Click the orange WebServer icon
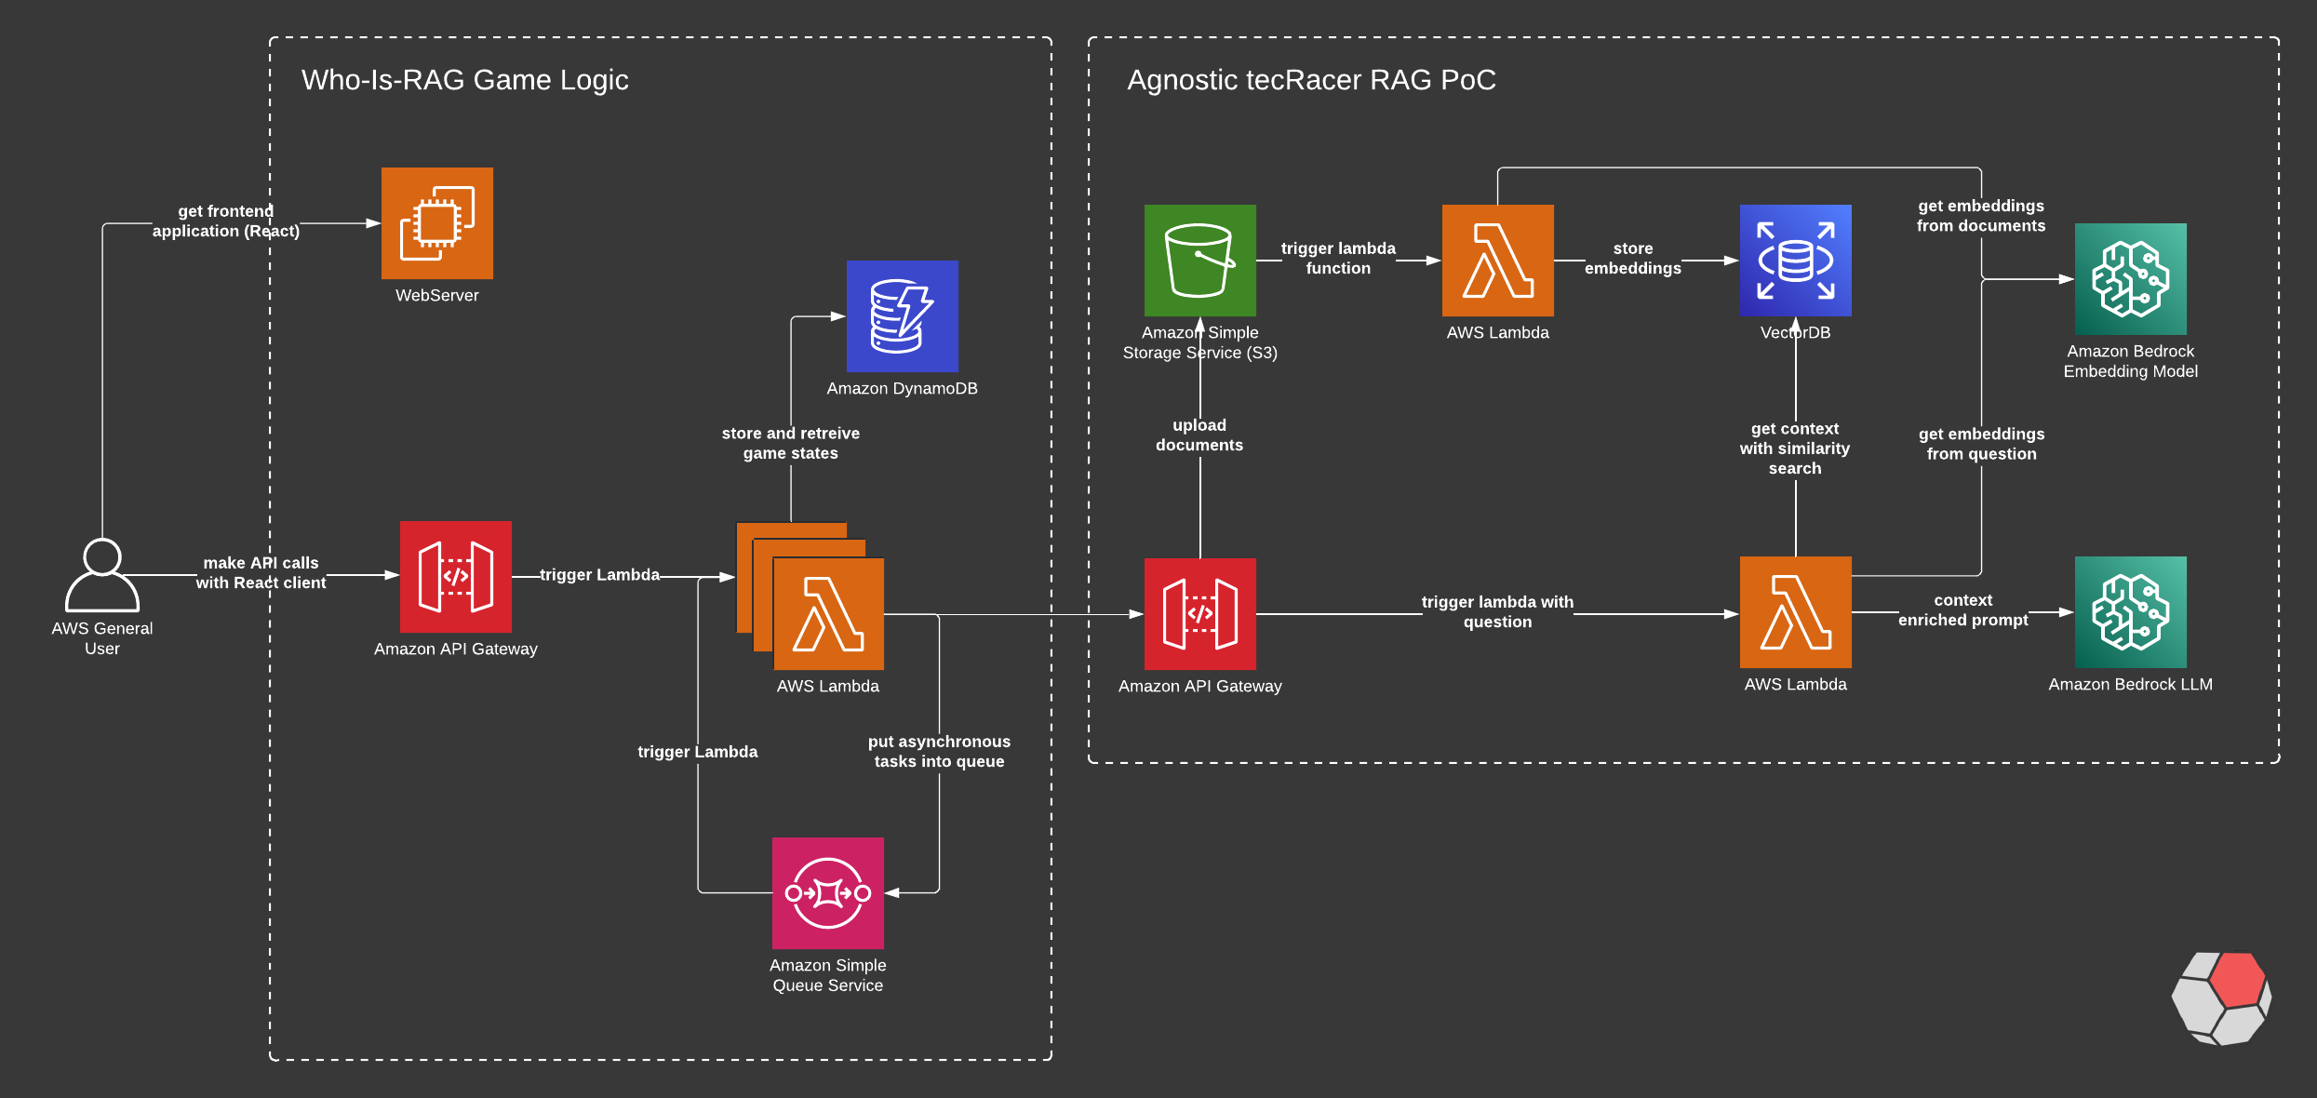pos(437,223)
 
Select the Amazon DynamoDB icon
pos(903,316)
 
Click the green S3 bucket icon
pos(1200,261)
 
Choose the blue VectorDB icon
pos(1796,261)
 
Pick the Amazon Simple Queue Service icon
pos(828,893)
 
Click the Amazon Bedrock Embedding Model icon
pos(2131,279)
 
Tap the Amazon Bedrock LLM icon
pos(2131,612)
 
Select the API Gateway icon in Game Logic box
pos(456,577)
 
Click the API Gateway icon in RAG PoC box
pos(1200,614)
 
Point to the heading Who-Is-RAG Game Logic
pos(465,80)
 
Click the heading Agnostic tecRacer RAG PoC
pos(1312,80)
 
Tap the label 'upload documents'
pos(1199,435)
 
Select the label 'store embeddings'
pos(1633,259)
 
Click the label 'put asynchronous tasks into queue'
pos(940,751)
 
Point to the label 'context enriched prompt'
pos(1963,610)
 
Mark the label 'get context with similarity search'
pos(1795,449)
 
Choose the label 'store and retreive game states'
pos(791,443)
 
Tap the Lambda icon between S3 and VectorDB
pos(1498,261)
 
